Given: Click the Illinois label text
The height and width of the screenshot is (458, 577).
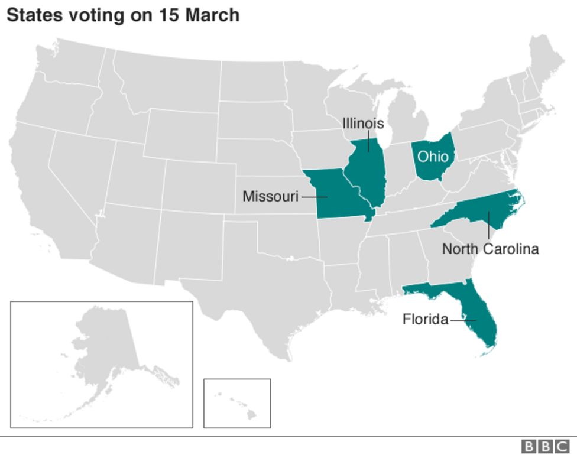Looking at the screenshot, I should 363,124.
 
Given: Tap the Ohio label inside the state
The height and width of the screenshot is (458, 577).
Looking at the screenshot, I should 433,157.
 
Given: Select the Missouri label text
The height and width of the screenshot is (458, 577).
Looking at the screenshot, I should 271,196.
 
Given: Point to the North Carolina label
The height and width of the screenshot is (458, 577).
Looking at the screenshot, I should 490,249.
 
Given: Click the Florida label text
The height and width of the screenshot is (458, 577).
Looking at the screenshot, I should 425,320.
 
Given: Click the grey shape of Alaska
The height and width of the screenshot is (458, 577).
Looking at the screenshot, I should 106,349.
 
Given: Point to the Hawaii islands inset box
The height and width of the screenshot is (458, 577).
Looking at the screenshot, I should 237,403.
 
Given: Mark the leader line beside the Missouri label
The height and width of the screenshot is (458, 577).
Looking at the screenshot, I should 313,196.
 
